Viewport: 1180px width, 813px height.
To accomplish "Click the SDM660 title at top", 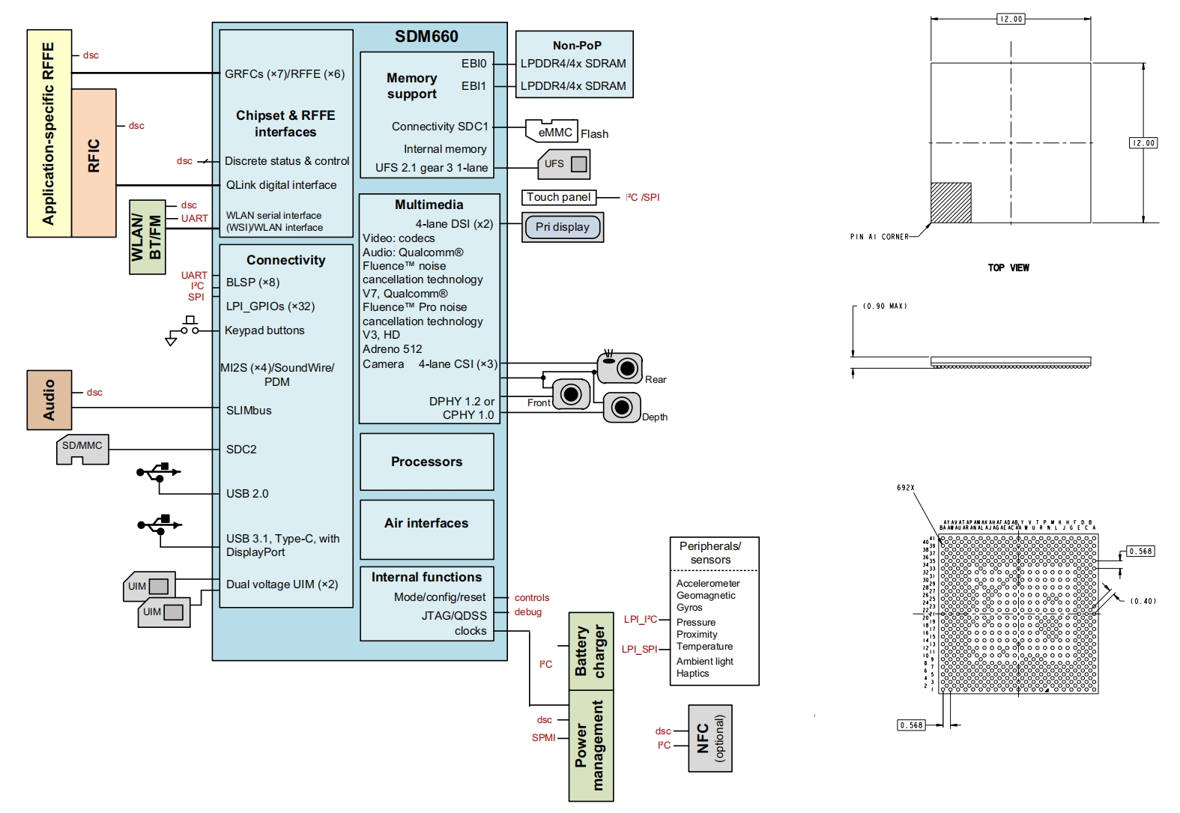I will tap(426, 36).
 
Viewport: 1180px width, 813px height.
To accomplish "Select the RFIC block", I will tap(94, 163).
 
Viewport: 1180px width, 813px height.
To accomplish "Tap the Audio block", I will tap(49, 399).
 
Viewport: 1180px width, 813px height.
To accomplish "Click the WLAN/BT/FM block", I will tap(147, 237).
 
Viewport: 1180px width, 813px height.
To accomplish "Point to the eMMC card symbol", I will tap(551, 131).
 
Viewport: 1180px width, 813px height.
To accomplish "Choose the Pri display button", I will tap(563, 227).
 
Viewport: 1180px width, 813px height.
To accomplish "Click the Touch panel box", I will tap(559, 197).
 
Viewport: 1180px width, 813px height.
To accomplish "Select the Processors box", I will tap(426, 462).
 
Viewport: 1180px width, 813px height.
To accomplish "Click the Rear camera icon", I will tap(620, 366).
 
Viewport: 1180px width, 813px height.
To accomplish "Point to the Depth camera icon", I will tap(621, 408).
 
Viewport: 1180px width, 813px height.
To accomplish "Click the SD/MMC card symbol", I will tap(82, 450).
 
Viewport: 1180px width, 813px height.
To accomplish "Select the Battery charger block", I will tap(591, 650).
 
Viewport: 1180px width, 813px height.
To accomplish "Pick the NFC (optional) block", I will tap(709, 738).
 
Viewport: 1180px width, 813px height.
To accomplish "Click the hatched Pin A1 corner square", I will tap(951, 202).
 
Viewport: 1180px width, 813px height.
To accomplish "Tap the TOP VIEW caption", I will tap(1008, 268).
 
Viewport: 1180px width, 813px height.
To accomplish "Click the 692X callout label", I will tap(905, 488).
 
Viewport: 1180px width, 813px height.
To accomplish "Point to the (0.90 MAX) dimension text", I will tap(885, 306).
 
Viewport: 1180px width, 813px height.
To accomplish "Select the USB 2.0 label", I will tap(247, 494).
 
